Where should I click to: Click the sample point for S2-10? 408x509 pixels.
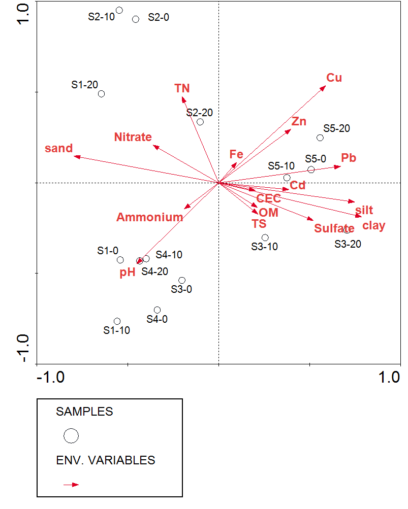(119, 10)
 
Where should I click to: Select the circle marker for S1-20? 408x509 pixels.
(102, 94)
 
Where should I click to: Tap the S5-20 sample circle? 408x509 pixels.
(320, 138)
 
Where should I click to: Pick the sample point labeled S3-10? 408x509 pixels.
(265, 237)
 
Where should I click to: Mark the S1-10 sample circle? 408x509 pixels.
(117, 321)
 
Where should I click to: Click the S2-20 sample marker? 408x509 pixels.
(200, 122)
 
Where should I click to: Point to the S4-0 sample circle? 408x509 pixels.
(158, 310)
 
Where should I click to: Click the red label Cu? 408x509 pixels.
(334, 78)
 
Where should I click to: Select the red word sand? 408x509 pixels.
(59, 149)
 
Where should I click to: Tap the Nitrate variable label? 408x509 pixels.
(133, 137)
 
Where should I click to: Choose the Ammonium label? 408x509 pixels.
(149, 217)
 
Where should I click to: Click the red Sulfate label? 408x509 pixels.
(334, 228)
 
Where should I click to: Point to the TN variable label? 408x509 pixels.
(182, 88)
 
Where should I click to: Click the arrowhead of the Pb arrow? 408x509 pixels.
(339, 166)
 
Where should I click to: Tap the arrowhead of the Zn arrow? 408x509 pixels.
(290, 130)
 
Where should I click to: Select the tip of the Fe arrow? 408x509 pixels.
(236, 164)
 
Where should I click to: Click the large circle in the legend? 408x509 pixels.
(71, 435)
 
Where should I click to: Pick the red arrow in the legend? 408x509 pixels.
(71, 485)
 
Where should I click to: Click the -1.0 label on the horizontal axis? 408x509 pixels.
(50, 377)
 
